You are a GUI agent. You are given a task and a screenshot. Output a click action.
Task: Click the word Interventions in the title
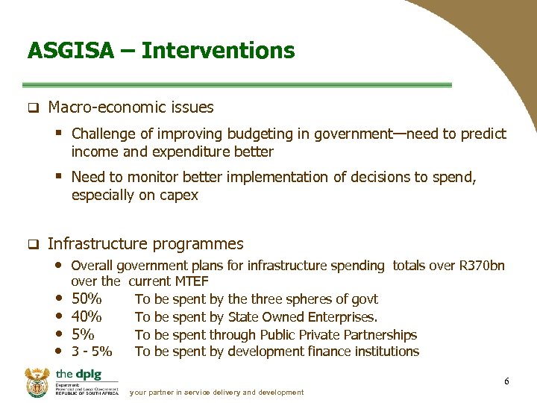218,51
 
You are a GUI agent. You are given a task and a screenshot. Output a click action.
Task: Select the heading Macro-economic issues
131,107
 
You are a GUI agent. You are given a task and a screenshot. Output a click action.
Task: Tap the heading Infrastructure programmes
145,244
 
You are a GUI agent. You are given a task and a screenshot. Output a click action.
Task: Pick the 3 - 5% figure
92,352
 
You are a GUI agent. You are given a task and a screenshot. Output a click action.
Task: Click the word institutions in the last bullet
385,352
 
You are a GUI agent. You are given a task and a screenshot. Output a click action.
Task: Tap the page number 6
506,382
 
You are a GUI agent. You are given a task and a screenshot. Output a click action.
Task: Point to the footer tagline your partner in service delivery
216,393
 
